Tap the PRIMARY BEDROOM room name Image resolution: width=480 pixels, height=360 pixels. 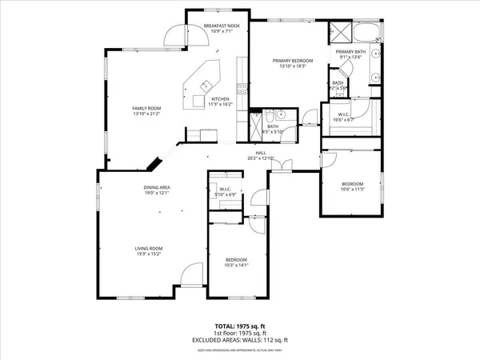click(291, 61)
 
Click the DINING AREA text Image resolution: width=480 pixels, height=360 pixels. click(157, 187)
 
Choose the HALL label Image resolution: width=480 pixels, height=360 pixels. click(261, 153)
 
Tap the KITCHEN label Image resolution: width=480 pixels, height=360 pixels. click(220, 99)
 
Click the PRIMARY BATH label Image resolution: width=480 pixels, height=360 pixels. click(350, 51)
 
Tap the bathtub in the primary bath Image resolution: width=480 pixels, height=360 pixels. click(368, 34)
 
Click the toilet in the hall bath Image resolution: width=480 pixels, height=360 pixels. click(270, 114)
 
